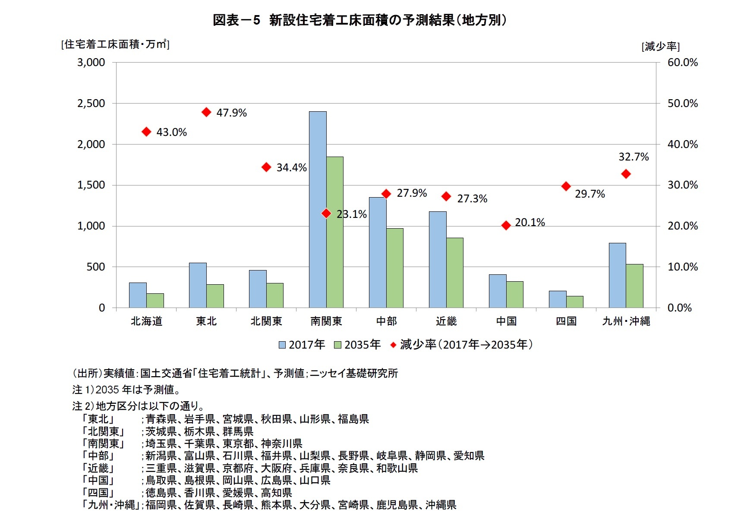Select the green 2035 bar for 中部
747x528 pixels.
[394, 268]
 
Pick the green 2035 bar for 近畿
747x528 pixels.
[454, 273]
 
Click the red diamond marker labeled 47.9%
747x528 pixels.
[206, 112]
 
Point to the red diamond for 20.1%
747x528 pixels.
[506, 225]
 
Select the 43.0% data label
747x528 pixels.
[171, 132]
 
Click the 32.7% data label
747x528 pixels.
[633, 157]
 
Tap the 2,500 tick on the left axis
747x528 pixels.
[91, 104]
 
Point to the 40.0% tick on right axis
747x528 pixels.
[682, 145]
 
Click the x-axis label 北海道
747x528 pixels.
[146, 321]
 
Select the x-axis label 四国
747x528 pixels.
[566, 321]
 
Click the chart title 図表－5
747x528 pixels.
[236, 20]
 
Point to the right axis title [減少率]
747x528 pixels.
[660, 47]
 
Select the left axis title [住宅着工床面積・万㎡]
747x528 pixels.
[115, 44]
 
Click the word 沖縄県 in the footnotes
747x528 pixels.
[441, 505]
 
